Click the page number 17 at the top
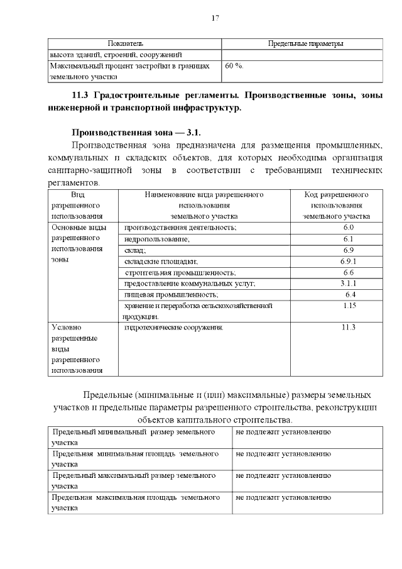click(215, 18)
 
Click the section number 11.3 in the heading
click(82, 96)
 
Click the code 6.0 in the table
click(349, 227)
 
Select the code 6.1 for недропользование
click(349, 238)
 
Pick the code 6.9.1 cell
click(349, 261)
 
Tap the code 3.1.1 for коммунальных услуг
click(349, 284)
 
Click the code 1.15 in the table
click(350, 306)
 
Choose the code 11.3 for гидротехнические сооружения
click(349, 328)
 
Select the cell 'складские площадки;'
click(161, 262)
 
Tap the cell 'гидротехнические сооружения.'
click(175, 328)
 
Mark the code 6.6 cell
click(349, 272)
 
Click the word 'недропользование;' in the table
click(157, 239)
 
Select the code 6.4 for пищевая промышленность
click(350, 295)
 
